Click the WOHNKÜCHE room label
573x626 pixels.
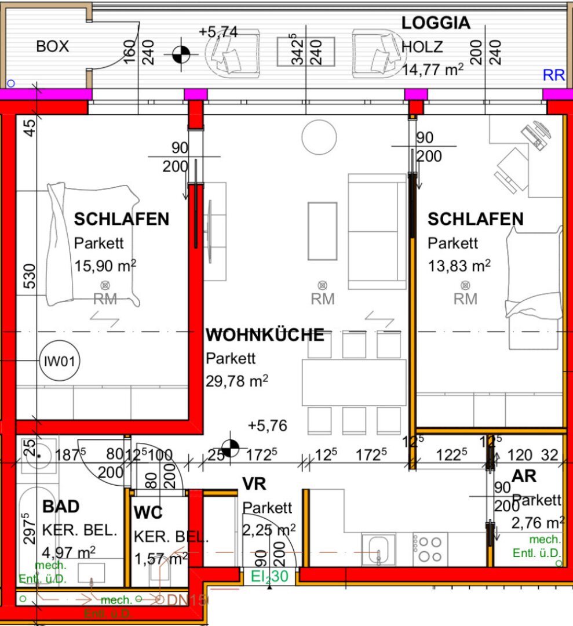tap(265, 335)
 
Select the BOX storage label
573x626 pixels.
tap(53, 46)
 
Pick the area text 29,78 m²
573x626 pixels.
tap(236, 381)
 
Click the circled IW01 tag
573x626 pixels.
tap(60, 361)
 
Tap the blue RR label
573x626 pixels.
tap(553, 75)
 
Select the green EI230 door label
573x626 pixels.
tap(269, 577)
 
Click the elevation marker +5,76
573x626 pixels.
tap(267, 425)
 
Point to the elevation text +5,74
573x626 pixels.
tap(218, 32)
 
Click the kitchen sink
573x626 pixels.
tap(378, 549)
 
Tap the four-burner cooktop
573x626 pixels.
tap(430, 548)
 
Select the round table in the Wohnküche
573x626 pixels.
tap(319, 137)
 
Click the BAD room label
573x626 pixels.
tap(61, 507)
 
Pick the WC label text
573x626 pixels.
tap(148, 513)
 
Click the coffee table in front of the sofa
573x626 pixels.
tap(322, 231)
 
